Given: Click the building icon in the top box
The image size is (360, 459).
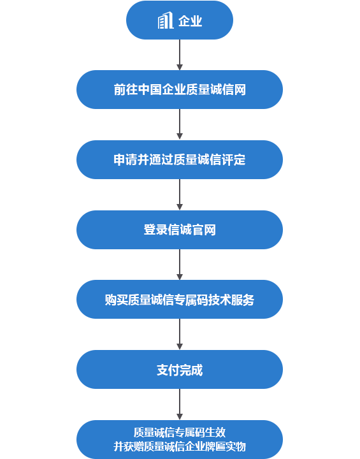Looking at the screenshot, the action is (166, 20).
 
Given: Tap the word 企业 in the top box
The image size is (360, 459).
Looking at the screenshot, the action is (191, 21).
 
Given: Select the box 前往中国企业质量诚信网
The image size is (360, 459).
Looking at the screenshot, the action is (180, 90).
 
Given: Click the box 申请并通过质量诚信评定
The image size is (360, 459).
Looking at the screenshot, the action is (180, 159).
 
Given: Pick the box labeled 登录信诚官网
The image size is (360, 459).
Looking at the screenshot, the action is (180, 229).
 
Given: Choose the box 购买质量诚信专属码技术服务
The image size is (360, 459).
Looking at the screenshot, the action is (180, 300).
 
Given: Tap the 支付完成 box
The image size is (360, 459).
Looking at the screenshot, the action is (180, 369).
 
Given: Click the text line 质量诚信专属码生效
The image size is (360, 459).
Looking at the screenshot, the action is (180, 432).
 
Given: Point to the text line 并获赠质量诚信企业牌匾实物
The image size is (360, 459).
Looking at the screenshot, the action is (180, 447).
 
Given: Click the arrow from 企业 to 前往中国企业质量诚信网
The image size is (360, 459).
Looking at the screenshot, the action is (180, 55).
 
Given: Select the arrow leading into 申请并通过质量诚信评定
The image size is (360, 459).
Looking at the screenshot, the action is (180, 124).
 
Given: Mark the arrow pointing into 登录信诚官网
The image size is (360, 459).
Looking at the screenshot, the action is (180, 194).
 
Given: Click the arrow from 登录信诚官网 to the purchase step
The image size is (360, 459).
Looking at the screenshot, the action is (180, 265).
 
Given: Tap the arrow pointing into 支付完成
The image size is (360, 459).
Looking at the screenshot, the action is (180, 334).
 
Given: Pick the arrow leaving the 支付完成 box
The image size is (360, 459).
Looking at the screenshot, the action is (180, 404).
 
